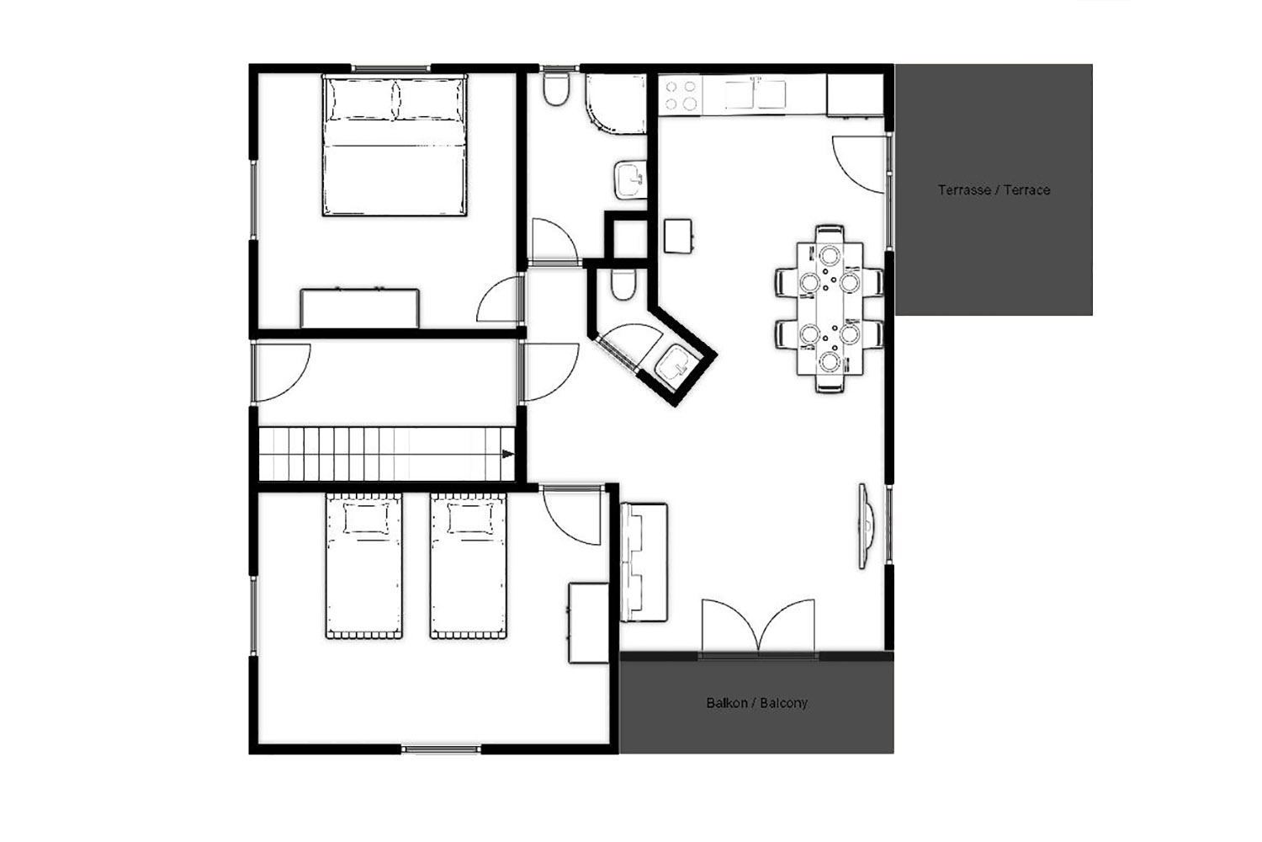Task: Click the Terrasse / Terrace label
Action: coord(994,190)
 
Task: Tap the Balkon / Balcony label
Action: coord(756,703)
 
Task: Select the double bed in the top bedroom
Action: coord(395,146)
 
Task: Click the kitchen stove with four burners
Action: coord(681,95)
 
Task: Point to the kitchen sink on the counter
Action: coord(755,95)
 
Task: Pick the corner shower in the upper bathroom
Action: coord(616,104)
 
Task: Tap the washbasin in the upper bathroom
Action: coord(630,180)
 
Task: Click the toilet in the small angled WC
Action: coord(623,285)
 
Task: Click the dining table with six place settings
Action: coord(830,308)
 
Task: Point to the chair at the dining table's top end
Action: coord(830,234)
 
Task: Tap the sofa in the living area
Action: coord(644,562)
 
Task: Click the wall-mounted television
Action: coord(866,525)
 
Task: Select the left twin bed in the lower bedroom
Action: coord(364,566)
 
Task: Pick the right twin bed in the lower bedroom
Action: coord(468,566)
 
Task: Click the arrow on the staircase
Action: coord(507,454)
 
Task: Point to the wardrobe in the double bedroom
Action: coord(359,308)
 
